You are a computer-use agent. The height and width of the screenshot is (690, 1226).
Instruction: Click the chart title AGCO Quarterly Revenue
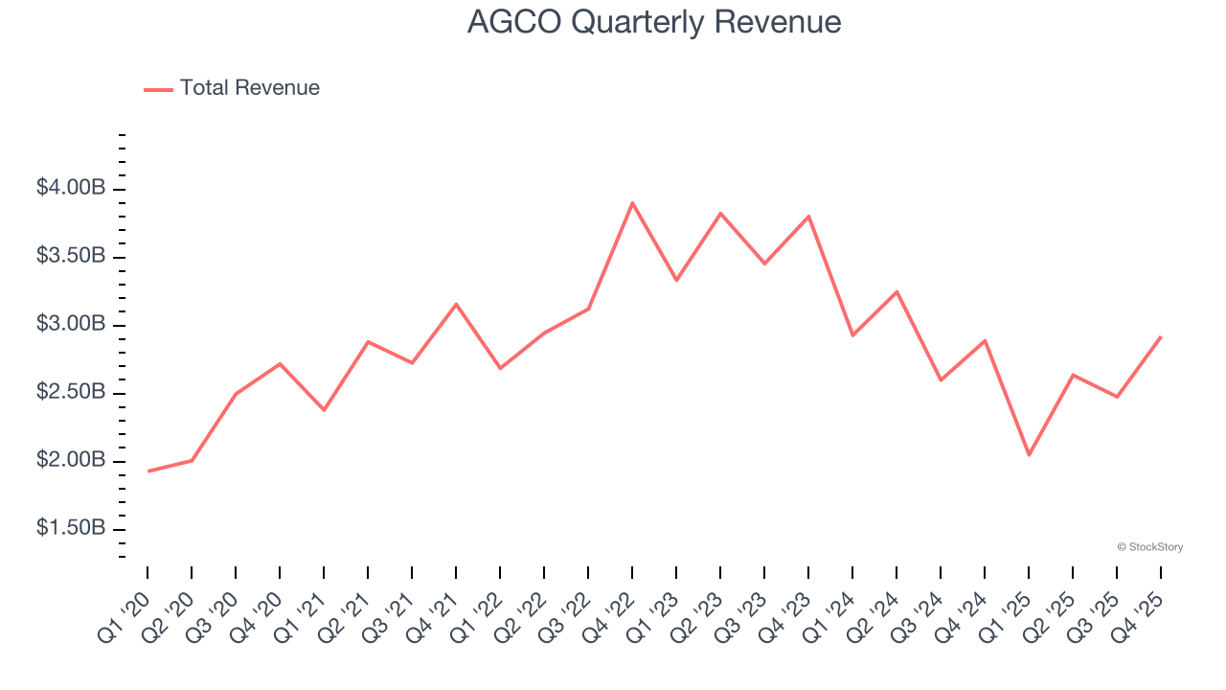pos(654,21)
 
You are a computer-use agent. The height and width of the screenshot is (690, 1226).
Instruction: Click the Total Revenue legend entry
pos(232,88)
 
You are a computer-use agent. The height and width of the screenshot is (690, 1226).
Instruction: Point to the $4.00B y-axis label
pos(71,188)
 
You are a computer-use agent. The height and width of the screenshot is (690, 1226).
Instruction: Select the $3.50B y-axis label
pos(71,256)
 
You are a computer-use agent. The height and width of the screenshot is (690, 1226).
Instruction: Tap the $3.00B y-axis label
pos(71,324)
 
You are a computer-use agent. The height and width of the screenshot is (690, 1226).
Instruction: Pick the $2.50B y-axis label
pos(71,392)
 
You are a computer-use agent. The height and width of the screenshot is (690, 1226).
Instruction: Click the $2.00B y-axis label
pos(71,460)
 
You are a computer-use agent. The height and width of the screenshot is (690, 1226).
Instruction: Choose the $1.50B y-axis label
pos(71,528)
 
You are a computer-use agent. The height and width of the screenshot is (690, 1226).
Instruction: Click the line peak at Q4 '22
pos(632,203)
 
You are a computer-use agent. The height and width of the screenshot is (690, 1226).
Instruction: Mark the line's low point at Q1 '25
pos(1029,455)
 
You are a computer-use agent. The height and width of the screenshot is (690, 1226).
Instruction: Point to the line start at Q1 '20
pos(148,471)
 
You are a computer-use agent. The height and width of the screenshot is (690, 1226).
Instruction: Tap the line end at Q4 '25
pos(1161,337)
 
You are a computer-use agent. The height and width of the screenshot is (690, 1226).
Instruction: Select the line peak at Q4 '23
pos(808,217)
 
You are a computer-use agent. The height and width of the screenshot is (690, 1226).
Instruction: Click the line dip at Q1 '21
pos(324,410)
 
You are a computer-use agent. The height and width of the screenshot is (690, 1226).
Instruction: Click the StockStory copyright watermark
pos(1149,547)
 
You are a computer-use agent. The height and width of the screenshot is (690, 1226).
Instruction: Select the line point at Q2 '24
pos(897,291)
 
